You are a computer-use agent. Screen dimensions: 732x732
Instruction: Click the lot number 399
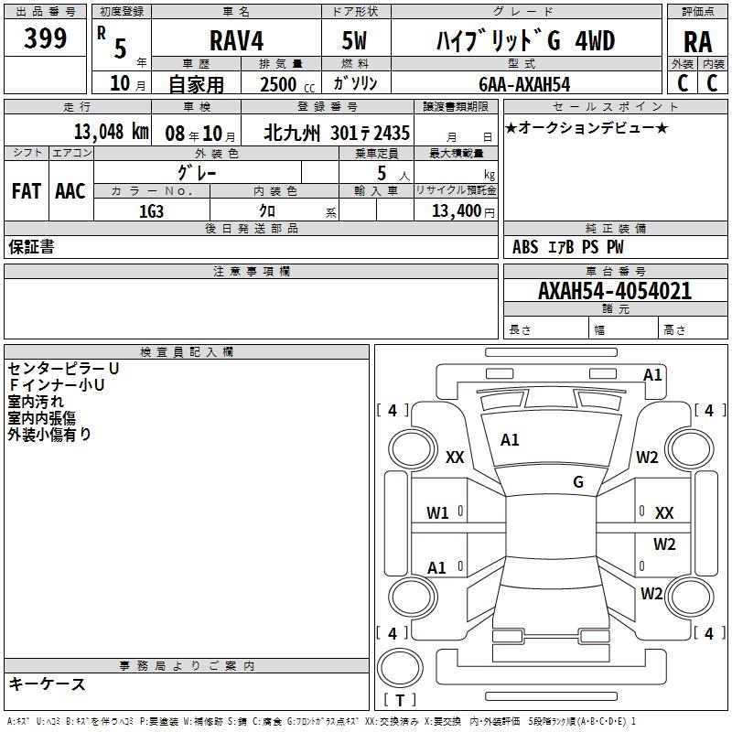(x=46, y=38)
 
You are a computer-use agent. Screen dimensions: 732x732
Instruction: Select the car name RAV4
(x=235, y=41)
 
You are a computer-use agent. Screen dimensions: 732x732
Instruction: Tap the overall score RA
(x=697, y=41)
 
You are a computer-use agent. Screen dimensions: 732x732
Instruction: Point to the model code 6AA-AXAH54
(x=523, y=83)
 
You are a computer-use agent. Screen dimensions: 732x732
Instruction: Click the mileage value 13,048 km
(x=111, y=132)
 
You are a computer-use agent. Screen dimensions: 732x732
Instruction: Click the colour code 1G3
(x=151, y=211)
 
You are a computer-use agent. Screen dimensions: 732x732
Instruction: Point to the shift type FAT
(x=26, y=191)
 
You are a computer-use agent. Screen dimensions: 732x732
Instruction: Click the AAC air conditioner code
(x=70, y=191)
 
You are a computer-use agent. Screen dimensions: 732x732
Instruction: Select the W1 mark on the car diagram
(x=437, y=512)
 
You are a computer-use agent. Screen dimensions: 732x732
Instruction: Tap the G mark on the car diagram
(x=577, y=481)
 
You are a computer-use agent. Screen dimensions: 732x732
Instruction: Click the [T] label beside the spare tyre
(x=399, y=701)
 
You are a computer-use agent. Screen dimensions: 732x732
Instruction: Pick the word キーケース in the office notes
(x=47, y=684)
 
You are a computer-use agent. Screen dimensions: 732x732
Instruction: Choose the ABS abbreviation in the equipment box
(x=525, y=247)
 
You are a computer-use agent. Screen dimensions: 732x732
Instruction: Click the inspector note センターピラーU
(x=63, y=368)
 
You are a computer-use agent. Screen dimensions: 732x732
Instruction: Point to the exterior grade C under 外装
(x=682, y=83)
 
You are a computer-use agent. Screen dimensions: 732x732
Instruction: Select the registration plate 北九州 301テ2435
(x=336, y=133)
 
